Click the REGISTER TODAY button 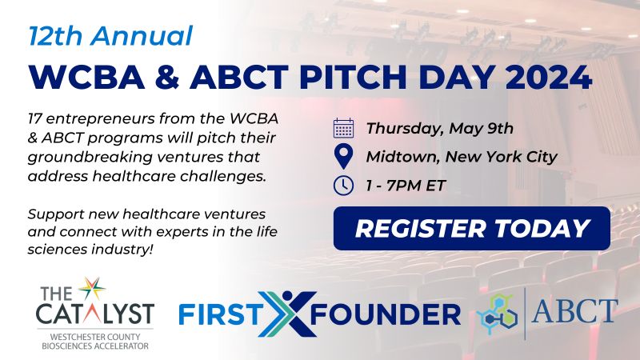[472, 228]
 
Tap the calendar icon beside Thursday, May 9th [344, 128]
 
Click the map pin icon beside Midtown [344, 157]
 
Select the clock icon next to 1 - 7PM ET [344, 186]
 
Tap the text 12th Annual [110, 35]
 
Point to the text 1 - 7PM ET [406, 186]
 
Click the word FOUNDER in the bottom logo [386, 314]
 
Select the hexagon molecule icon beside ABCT [497, 314]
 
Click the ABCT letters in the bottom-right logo [574, 310]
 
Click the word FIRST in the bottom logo [218, 314]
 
